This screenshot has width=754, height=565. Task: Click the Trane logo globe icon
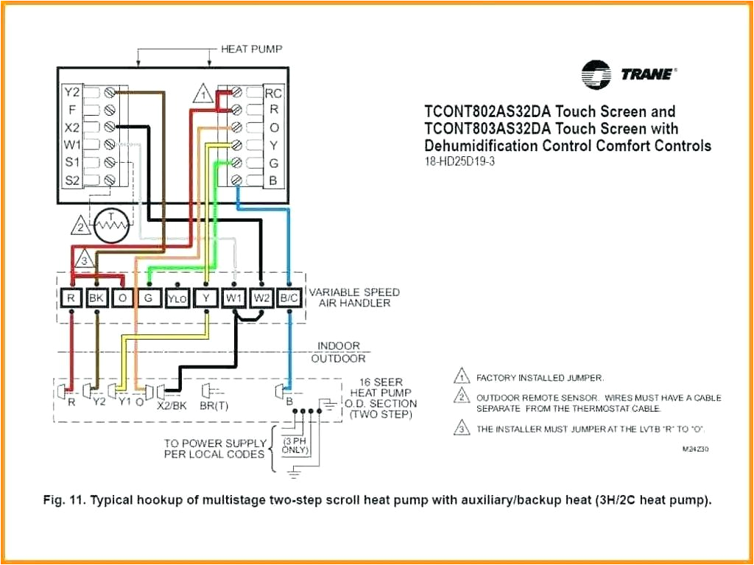(x=596, y=74)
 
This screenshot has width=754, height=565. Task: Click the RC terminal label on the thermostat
(x=273, y=93)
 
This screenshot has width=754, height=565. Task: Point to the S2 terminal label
(x=71, y=179)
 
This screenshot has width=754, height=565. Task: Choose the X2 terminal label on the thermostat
(x=71, y=127)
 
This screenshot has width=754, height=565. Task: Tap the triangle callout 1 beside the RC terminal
(x=203, y=95)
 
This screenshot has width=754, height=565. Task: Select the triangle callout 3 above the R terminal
(x=85, y=261)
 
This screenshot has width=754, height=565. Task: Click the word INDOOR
(x=339, y=345)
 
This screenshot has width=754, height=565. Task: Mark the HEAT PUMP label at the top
(x=252, y=49)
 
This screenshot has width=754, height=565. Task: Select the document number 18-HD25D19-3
(x=459, y=161)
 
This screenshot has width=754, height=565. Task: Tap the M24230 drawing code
(x=696, y=449)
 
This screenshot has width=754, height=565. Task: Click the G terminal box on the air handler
(x=149, y=298)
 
